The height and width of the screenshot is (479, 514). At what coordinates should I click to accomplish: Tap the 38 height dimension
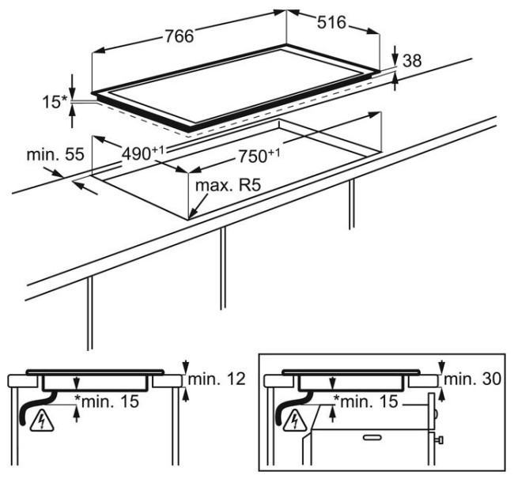[x=412, y=60]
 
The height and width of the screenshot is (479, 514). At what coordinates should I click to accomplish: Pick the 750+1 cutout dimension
[x=255, y=156]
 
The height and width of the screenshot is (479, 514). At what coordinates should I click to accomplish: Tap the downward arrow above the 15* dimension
[x=73, y=83]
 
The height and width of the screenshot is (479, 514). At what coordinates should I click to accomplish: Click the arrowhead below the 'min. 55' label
[x=77, y=185]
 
